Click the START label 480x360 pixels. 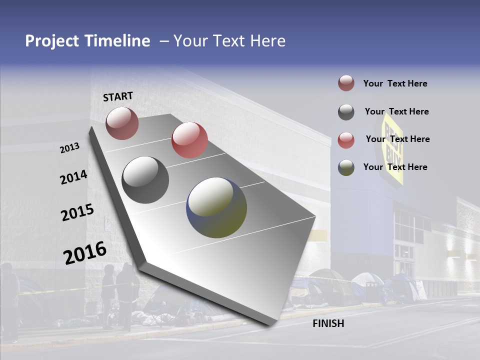[118, 96]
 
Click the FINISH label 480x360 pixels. [328, 323]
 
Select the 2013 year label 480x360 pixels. [70, 148]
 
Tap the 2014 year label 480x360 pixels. [73, 177]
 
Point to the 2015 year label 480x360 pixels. [77, 212]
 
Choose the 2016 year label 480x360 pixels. [85, 253]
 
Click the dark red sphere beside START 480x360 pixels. [122, 123]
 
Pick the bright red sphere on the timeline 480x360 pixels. [189, 139]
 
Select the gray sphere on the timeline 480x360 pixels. [145, 179]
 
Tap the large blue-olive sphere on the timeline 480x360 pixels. [216, 207]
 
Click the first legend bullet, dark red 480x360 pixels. [346, 83]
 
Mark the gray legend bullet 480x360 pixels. [346, 112]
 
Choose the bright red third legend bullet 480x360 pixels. [346, 140]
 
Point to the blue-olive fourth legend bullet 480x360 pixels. [346, 167]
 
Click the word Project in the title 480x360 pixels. [52, 41]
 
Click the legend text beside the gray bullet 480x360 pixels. [396, 111]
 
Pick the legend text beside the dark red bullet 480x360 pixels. [395, 83]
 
